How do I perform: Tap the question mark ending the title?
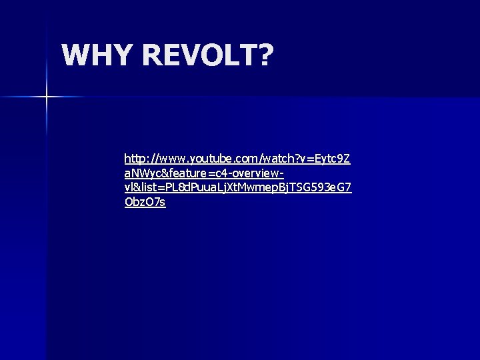click(265, 57)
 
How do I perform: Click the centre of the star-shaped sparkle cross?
click(47, 97)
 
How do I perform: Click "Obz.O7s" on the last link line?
click(145, 202)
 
